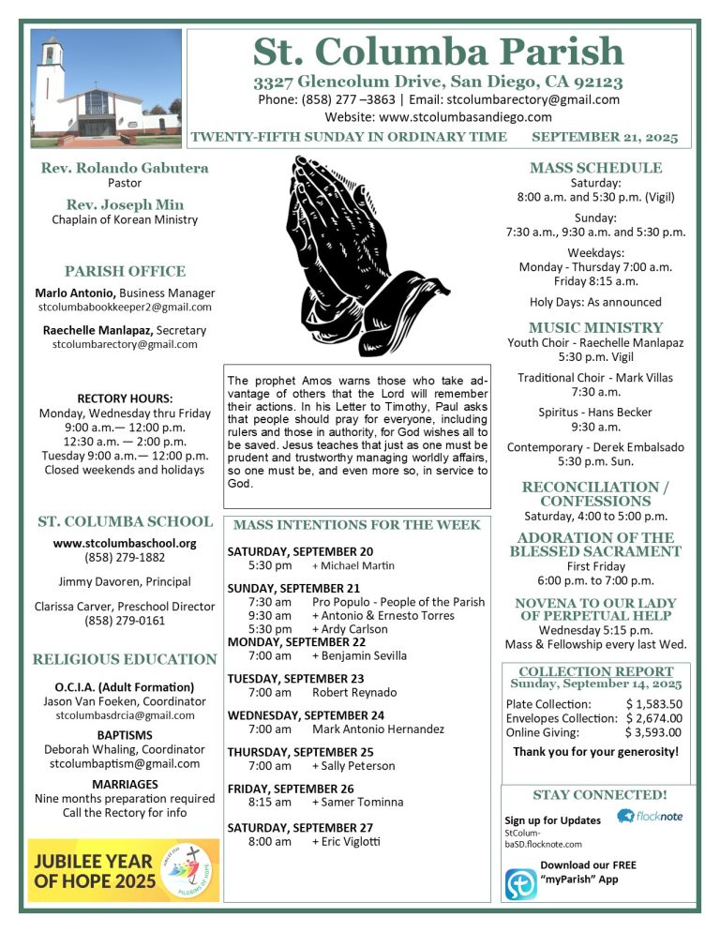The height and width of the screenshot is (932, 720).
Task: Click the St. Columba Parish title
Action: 438,51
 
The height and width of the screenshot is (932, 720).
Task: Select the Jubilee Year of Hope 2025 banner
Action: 123,870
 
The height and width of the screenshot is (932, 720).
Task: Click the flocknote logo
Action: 650,816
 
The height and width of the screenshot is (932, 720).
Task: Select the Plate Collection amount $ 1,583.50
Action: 653,704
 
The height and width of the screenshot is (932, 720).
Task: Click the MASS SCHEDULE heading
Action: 595,168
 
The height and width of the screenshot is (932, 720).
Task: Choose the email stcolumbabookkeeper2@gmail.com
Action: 125,307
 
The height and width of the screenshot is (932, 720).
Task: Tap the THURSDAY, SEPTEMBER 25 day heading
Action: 300,751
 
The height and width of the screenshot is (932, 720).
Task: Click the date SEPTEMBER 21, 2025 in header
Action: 604,137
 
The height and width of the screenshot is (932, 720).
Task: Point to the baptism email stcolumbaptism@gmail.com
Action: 125,763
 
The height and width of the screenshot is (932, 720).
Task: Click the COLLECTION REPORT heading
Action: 595,671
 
